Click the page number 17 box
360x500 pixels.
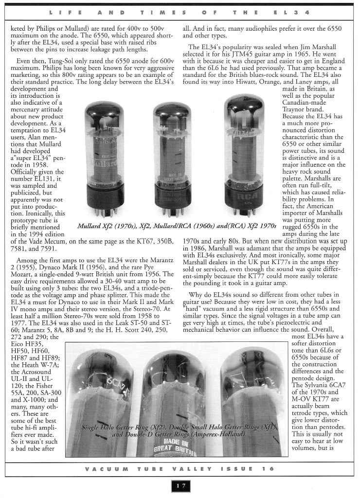pos(180,487)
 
